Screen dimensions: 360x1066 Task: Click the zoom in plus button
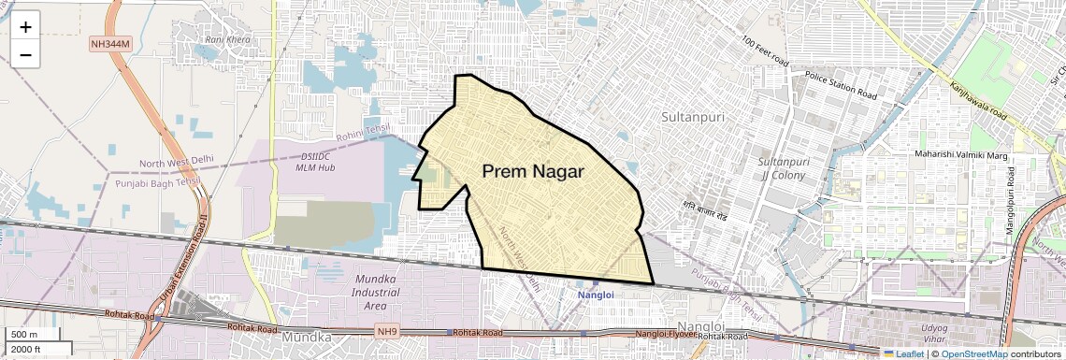point(25,27)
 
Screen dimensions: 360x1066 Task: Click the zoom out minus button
point(25,55)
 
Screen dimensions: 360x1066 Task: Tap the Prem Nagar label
point(532,172)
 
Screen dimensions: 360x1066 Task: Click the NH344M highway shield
point(111,44)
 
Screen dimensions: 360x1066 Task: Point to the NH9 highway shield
point(387,331)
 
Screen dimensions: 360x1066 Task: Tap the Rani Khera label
point(228,39)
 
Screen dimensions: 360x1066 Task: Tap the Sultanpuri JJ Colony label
point(782,168)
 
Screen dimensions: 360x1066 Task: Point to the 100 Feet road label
point(765,52)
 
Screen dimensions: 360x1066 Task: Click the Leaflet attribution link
point(903,354)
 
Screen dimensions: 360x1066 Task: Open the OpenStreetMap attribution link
point(973,354)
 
